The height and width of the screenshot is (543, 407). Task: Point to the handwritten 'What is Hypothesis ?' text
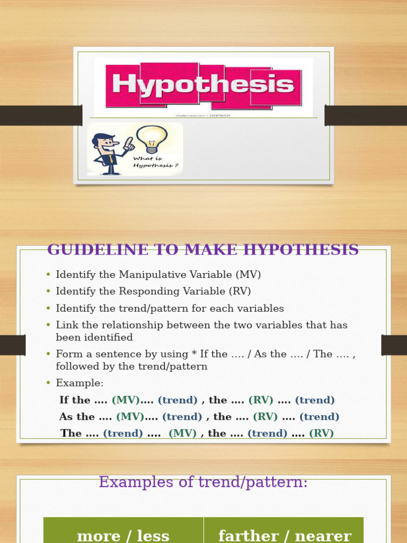click(156, 162)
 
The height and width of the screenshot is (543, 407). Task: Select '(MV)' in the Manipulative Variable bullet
click(248, 275)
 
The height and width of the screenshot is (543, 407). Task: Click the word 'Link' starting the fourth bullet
click(67, 325)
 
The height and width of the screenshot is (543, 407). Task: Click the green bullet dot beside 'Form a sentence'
click(48, 354)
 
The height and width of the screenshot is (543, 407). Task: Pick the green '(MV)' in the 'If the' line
click(126, 400)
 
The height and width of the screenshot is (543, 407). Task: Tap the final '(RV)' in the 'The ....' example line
click(321, 433)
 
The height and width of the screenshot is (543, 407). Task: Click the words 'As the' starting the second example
click(77, 416)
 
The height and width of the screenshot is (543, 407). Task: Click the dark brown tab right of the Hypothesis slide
click(366, 115)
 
